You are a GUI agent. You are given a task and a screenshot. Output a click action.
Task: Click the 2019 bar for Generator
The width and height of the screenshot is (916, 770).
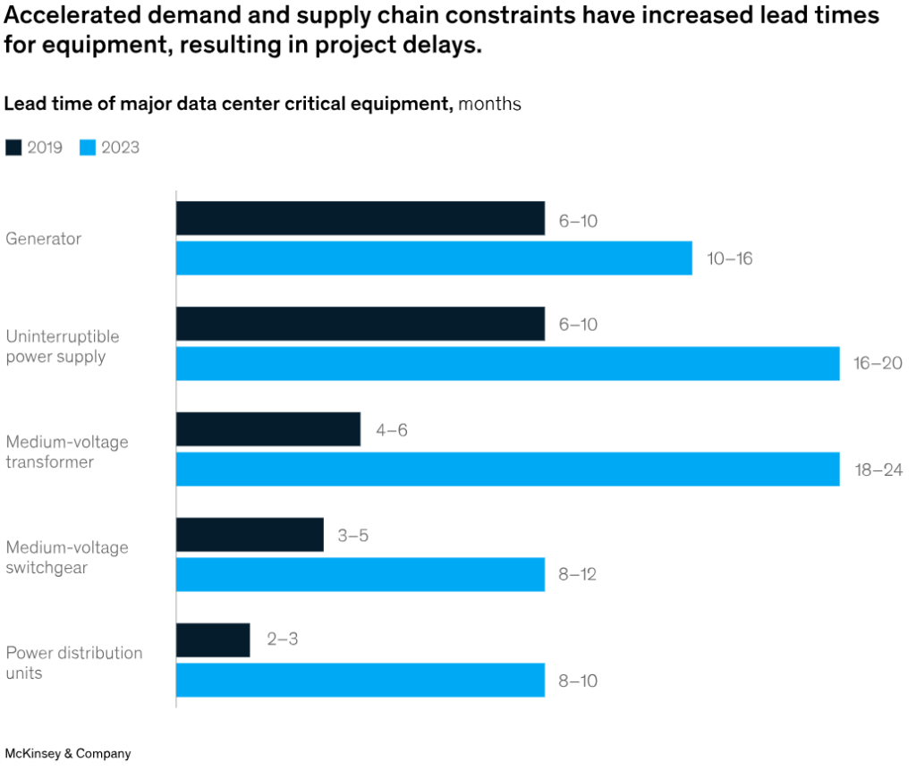click(360, 218)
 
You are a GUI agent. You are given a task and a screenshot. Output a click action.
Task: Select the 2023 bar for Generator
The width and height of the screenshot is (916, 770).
click(434, 258)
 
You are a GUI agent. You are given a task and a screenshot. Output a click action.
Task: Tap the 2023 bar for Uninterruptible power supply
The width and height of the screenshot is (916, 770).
click(507, 363)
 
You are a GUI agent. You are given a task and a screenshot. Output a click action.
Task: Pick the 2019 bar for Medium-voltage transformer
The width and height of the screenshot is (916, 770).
click(268, 429)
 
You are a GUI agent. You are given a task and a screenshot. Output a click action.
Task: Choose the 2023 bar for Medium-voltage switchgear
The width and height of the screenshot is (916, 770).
click(360, 574)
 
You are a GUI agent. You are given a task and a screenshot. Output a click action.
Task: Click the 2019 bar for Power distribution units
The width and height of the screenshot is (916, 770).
click(213, 640)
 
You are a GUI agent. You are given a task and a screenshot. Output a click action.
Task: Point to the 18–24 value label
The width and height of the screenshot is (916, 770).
click(878, 470)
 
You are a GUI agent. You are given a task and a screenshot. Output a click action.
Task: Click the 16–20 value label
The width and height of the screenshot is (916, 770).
click(878, 364)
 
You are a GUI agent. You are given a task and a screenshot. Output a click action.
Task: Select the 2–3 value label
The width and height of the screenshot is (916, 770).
click(282, 641)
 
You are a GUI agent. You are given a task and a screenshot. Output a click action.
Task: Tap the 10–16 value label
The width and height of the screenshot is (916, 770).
click(729, 258)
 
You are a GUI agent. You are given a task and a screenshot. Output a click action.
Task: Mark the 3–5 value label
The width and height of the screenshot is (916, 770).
click(352, 536)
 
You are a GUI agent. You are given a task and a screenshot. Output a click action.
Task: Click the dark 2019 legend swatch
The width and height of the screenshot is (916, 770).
click(13, 148)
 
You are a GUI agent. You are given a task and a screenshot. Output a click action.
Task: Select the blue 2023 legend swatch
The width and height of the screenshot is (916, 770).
click(88, 148)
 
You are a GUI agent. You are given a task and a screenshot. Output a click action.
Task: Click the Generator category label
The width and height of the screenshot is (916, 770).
click(43, 239)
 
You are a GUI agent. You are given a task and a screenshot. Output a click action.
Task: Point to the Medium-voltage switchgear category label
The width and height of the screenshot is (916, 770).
click(67, 557)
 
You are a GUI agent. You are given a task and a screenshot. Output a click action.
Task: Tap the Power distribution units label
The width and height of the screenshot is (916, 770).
click(73, 663)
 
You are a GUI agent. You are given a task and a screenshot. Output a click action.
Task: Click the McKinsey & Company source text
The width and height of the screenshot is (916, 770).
click(68, 754)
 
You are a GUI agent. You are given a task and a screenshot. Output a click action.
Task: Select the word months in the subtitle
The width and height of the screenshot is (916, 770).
click(489, 104)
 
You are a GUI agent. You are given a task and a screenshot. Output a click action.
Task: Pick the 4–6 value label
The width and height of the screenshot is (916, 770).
click(391, 430)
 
